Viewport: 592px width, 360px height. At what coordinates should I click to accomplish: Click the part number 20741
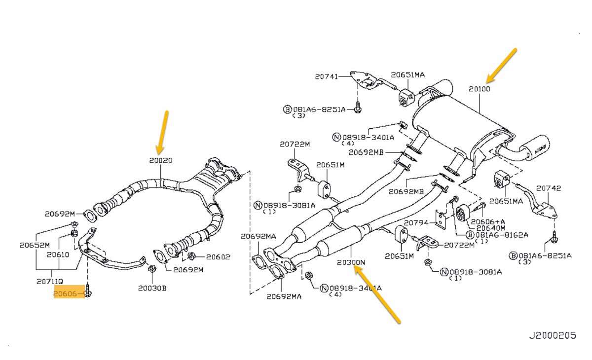(x=327, y=76)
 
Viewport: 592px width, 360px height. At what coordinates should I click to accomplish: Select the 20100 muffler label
(x=479, y=89)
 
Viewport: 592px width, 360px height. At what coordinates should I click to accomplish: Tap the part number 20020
(x=161, y=160)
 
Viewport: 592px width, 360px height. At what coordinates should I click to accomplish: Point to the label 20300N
(x=351, y=262)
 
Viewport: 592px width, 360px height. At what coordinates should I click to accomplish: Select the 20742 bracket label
(x=549, y=188)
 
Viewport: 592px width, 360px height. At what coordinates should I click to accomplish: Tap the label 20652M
(x=35, y=245)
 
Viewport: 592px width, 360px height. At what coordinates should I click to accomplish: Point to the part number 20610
(x=58, y=255)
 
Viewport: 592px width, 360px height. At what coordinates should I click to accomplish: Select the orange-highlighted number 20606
(x=66, y=294)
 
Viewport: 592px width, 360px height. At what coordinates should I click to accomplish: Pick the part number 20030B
(x=152, y=288)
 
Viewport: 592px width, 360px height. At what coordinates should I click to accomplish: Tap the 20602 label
(x=218, y=256)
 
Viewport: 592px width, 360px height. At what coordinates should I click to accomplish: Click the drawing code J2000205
(x=553, y=335)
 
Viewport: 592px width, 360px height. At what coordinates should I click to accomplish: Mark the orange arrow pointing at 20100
(x=501, y=65)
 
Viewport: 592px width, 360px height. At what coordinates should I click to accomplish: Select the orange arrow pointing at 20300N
(x=379, y=295)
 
